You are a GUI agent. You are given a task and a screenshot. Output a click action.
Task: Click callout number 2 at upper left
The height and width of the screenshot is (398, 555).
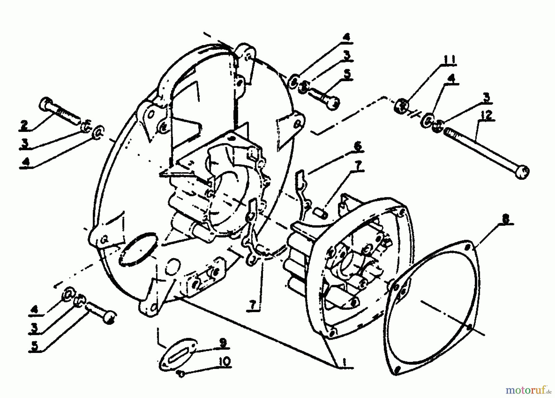click(24, 125)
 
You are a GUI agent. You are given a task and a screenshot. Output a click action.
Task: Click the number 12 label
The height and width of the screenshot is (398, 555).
click(486, 116)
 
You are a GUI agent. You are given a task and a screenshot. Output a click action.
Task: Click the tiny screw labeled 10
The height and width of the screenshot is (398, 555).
click(181, 374)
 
